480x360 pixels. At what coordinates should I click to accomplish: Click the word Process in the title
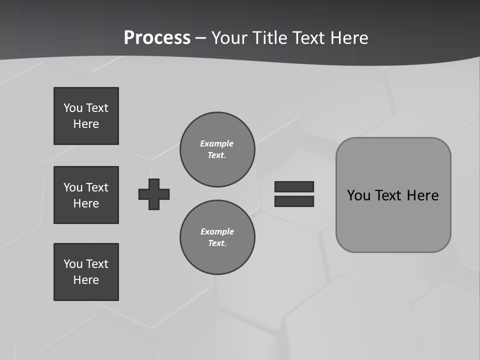(x=157, y=38)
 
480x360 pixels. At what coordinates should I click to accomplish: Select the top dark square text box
(x=86, y=116)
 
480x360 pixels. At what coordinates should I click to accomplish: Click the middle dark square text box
(x=86, y=195)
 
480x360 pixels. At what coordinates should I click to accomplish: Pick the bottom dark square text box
(x=86, y=272)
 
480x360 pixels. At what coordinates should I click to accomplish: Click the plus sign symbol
(x=154, y=194)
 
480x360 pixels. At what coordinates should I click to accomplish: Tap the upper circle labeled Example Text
(x=217, y=149)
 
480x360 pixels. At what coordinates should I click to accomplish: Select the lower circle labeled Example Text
(x=217, y=237)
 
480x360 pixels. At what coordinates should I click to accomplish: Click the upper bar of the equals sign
(x=294, y=186)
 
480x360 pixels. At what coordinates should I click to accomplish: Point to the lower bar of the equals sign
(x=294, y=201)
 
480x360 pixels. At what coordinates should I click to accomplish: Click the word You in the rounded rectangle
(x=359, y=195)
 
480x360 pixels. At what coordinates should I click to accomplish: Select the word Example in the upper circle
(x=217, y=143)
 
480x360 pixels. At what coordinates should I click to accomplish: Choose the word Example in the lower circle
(x=217, y=231)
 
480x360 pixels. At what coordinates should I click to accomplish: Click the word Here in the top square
(x=86, y=124)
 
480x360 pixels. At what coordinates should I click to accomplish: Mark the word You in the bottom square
(x=73, y=264)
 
